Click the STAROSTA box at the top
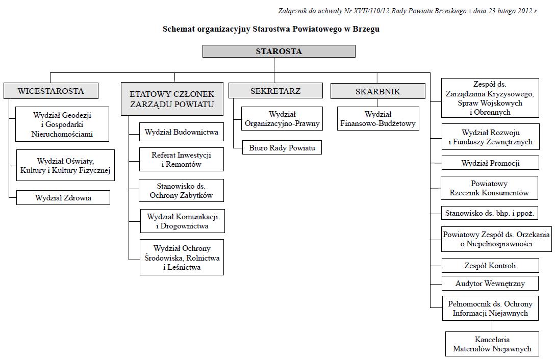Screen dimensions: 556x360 (279, 51)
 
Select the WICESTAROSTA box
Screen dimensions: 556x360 (50, 91)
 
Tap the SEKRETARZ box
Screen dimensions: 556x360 (275, 91)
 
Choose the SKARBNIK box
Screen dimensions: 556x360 (377, 91)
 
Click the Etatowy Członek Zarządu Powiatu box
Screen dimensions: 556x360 (172, 99)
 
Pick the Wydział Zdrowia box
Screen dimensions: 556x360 (63, 198)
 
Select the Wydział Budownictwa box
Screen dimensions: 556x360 (182, 132)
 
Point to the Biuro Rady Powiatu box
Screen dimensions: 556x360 (282, 147)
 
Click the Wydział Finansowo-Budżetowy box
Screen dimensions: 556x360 (378, 119)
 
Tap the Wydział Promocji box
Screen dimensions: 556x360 (490, 163)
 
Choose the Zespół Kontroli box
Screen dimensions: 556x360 (490, 265)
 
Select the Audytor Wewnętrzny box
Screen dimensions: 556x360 (490, 283)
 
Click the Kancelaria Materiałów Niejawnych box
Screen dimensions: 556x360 (492, 344)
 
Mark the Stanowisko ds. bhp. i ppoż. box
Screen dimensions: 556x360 (490, 213)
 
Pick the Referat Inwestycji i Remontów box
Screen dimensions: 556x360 (182, 160)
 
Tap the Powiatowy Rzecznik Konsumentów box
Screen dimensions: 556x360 (489, 188)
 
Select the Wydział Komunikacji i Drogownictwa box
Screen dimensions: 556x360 (183, 221)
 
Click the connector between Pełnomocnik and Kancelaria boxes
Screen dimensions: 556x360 (492, 326)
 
